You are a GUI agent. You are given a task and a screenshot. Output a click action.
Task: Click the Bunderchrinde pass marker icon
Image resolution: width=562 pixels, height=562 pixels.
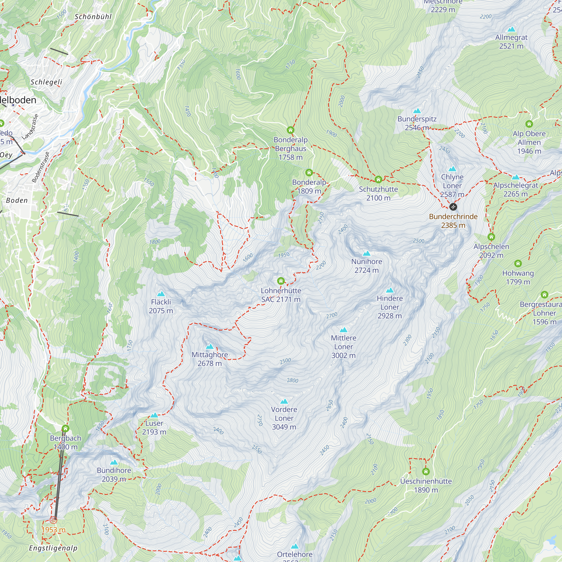453,207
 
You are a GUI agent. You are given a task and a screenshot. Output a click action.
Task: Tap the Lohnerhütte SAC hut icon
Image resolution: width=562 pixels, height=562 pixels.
281,281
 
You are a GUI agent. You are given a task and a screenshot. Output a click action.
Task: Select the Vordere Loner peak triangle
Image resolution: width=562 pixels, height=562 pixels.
284,402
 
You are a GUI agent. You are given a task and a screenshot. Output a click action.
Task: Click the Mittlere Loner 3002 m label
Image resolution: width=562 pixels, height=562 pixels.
343,346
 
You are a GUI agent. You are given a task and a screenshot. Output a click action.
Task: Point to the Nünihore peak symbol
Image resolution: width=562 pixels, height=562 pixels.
366,253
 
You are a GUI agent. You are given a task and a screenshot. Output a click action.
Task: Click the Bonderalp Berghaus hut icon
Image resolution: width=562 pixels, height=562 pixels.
290,130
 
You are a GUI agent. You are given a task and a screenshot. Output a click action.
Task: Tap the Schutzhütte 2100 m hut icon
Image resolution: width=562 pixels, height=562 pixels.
378,180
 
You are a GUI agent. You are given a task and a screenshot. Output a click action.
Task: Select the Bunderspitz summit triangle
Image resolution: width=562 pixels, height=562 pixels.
417,111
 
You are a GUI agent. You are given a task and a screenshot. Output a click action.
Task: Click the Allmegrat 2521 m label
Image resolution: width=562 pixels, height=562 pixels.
511,42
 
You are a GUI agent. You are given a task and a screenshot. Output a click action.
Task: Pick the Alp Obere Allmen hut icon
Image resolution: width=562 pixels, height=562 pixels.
529,124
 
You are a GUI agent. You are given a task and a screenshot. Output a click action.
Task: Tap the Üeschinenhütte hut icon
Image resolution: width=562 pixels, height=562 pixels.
425,471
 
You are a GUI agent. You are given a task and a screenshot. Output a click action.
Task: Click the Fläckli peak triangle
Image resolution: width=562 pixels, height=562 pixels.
161,294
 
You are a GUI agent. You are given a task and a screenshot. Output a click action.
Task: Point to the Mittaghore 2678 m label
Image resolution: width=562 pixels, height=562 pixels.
209,359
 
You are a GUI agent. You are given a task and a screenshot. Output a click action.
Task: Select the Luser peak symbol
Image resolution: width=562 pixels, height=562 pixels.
154,415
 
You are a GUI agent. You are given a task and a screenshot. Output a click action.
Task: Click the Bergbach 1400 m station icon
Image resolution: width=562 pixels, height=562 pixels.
65,429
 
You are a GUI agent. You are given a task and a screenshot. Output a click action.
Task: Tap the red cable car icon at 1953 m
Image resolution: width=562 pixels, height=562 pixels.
53,520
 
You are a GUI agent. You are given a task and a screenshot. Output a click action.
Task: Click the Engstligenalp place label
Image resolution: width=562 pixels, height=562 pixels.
53,548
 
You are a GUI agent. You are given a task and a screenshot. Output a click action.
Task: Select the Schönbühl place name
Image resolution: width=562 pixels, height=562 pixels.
93,17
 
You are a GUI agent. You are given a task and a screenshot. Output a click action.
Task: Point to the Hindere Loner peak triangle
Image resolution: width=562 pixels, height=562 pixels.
389,290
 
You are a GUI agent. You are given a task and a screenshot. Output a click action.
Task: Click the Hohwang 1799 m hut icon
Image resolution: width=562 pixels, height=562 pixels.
518,264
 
